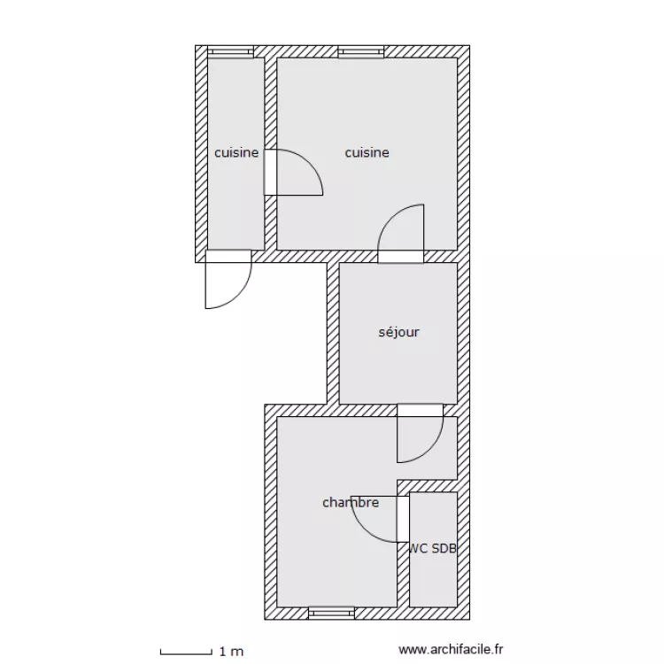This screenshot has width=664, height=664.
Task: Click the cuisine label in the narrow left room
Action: click(x=236, y=152)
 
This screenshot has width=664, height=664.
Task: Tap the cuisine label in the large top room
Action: click(x=367, y=152)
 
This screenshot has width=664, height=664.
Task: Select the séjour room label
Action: click(x=398, y=332)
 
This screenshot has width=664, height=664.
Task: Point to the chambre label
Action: click(x=351, y=502)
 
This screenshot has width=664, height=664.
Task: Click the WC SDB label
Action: click(x=433, y=548)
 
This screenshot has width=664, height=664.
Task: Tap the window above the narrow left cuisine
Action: click(x=230, y=51)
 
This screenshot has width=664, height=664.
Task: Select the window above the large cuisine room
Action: click(x=361, y=51)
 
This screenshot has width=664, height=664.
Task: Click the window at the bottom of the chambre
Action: click(x=331, y=614)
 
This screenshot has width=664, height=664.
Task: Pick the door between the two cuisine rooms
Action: click(x=293, y=172)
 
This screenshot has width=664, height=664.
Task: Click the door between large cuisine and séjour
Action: click(x=400, y=234)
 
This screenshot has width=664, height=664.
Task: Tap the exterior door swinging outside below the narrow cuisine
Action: click(x=228, y=280)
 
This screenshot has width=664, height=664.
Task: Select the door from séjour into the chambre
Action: click(x=420, y=433)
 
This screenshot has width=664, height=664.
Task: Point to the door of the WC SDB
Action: click(x=380, y=519)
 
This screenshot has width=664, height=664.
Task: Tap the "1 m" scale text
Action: click(x=231, y=652)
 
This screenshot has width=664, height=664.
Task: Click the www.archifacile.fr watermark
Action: click(x=451, y=649)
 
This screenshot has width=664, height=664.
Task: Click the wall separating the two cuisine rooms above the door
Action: click(x=271, y=104)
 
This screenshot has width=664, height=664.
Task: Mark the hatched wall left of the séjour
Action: click(x=333, y=333)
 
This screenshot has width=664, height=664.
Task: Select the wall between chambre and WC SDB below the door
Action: click(x=403, y=575)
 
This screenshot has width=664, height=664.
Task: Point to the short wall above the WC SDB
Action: click(x=428, y=486)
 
